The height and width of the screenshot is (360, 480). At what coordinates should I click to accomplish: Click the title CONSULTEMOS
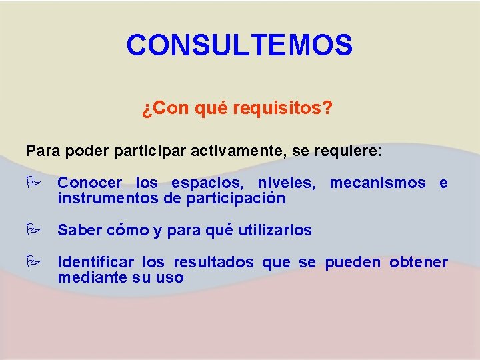coord(239,45)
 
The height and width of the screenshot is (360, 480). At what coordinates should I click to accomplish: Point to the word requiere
coord(347,151)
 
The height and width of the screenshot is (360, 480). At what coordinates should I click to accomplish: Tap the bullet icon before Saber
coord(32,230)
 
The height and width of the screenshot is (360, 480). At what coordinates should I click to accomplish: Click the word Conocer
coord(90,183)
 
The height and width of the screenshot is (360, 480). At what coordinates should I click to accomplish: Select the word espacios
coord(209,183)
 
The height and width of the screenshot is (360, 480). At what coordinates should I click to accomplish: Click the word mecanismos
coord(377,183)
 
